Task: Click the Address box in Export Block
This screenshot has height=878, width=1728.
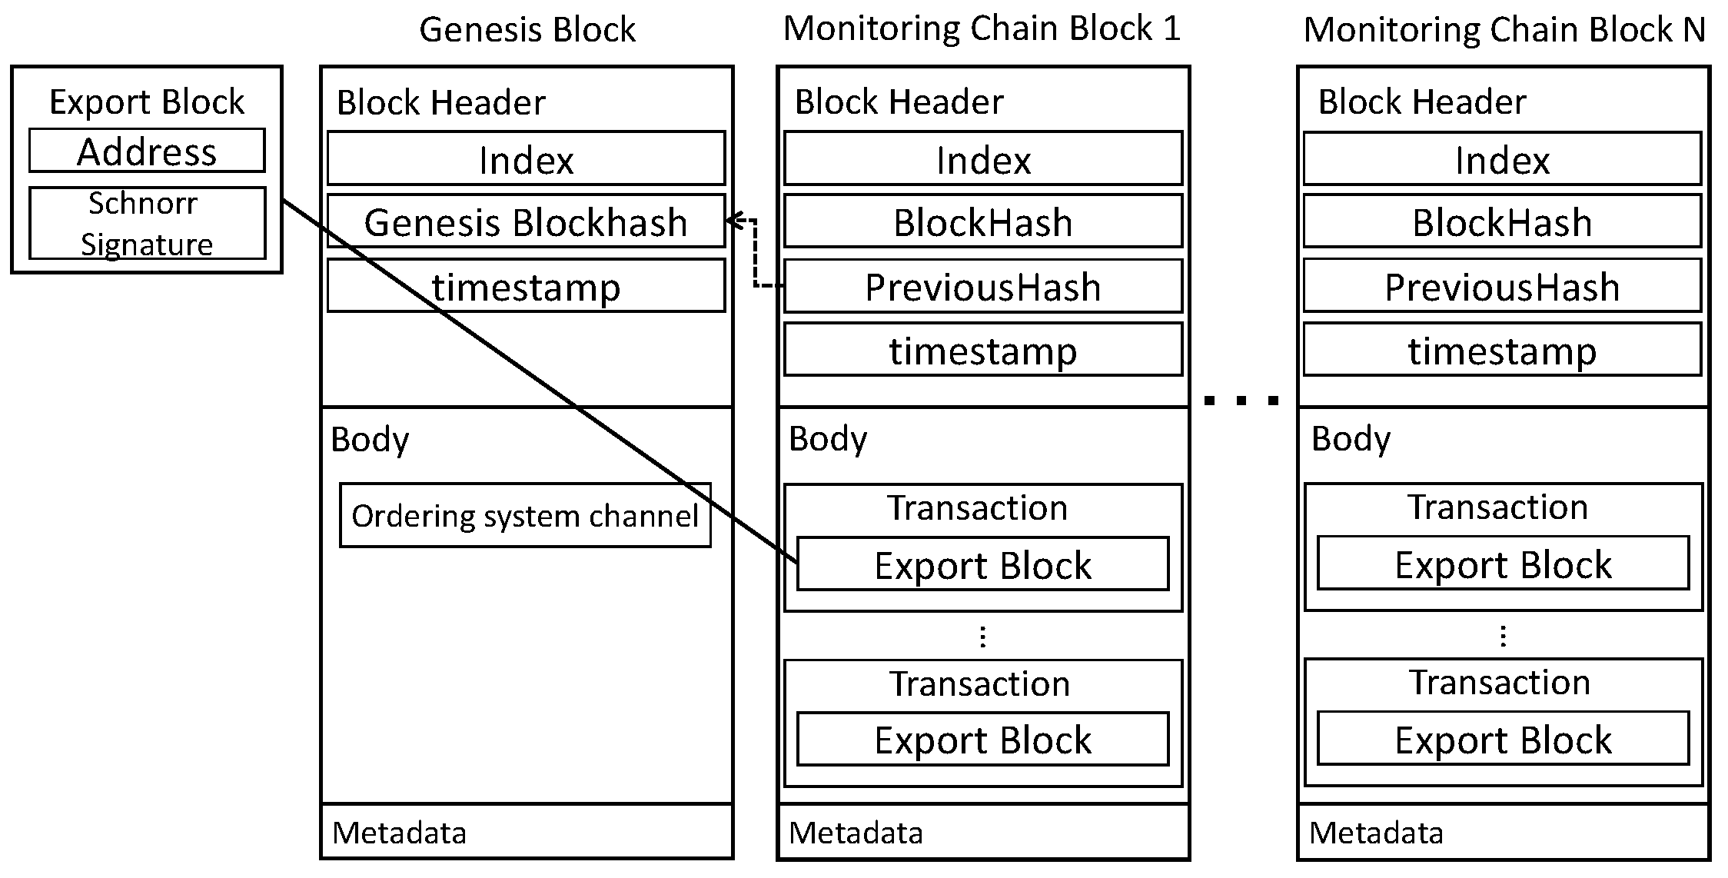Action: click(147, 151)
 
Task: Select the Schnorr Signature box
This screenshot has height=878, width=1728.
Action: click(147, 223)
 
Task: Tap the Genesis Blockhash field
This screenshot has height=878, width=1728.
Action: click(526, 221)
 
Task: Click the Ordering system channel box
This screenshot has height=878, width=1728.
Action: click(525, 515)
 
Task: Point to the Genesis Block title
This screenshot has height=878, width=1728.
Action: click(527, 30)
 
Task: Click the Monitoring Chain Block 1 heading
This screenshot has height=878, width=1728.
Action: click(982, 28)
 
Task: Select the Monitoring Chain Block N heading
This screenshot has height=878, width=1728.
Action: click(1504, 30)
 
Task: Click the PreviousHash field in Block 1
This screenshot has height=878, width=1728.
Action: click(982, 287)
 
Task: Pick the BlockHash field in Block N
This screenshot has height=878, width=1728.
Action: click(1502, 221)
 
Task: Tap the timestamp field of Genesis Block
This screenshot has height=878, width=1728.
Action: click(526, 286)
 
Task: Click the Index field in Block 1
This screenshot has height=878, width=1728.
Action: click(982, 159)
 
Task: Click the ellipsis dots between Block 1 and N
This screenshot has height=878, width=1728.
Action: click(1242, 400)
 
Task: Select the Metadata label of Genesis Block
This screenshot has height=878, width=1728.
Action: click(399, 833)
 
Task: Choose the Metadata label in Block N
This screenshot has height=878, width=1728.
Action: click(1376, 833)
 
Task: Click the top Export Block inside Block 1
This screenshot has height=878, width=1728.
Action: click(982, 564)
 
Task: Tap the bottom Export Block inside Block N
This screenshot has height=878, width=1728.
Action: click(1503, 739)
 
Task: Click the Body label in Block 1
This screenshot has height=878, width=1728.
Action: click(828, 438)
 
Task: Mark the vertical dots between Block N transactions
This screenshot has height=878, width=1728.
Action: click(1503, 636)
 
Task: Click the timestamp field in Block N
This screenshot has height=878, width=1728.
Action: click(1502, 351)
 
